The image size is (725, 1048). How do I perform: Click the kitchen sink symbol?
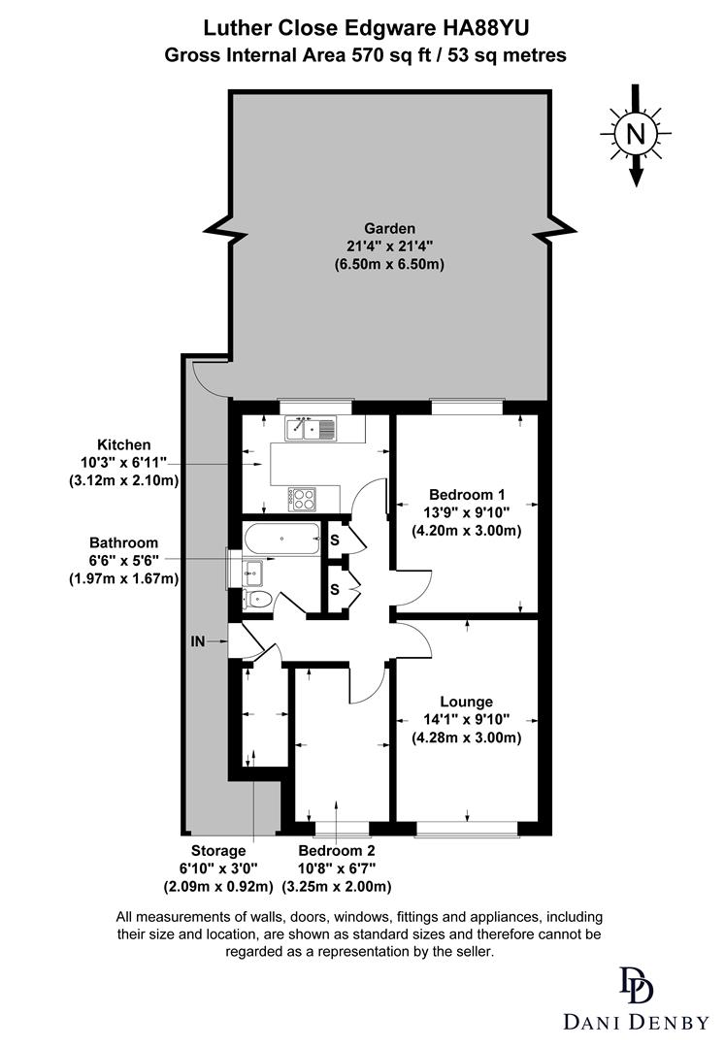click(x=310, y=427)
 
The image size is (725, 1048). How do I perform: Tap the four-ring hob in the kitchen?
click(x=304, y=499)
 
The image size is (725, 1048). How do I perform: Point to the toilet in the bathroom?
click(x=258, y=600)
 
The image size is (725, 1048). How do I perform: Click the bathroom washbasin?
click(x=252, y=570)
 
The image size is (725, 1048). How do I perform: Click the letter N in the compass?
click(x=636, y=135)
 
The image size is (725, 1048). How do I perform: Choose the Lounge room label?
click(x=466, y=702)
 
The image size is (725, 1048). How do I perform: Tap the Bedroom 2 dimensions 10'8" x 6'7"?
click(x=336, y=868)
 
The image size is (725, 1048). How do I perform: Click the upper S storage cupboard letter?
click(x=334, y=540)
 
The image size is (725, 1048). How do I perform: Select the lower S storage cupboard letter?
click(x=334, y=589)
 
